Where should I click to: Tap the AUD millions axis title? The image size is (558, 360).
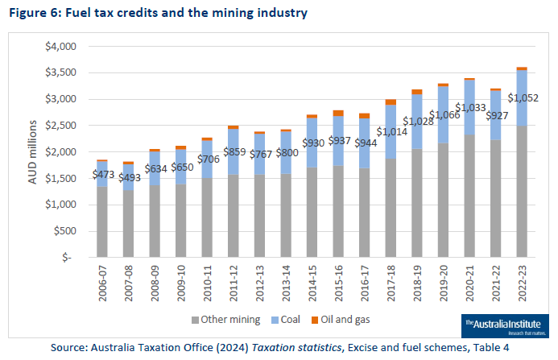[32, 151]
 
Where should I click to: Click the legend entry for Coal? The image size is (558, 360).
[288, 320]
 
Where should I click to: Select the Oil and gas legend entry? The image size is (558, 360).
[342, 320]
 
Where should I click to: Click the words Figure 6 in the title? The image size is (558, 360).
[33, 14]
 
